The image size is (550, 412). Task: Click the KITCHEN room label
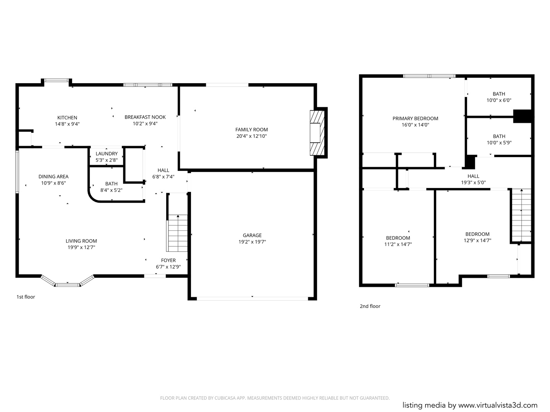pos(67,117)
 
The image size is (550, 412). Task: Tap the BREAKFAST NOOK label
pos(145,117)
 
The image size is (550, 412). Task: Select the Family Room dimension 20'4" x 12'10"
pos(252,136)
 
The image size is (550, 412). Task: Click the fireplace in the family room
pos(317,133)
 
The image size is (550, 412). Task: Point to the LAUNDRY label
pos(107,154)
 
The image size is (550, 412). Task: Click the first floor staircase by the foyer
pos(177,233)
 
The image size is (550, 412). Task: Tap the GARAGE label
pos(252,235)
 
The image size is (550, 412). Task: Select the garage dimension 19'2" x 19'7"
pos(252,241)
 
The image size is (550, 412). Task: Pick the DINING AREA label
pos(53,177)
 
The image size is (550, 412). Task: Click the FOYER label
pos(168,261)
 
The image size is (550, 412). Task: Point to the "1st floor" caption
pos(26,297)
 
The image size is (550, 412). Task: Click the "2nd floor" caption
pos(370,306)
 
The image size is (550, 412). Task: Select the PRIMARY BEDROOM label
pos(415,119)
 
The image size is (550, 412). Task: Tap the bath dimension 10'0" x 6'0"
pos(499,100)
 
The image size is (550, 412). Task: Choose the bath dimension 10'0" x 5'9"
pos(499,143)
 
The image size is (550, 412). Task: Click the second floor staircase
pos(521,215)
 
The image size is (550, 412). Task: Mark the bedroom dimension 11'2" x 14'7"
pos(398,244)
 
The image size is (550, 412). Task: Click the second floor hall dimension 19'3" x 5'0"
pos(473,183)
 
